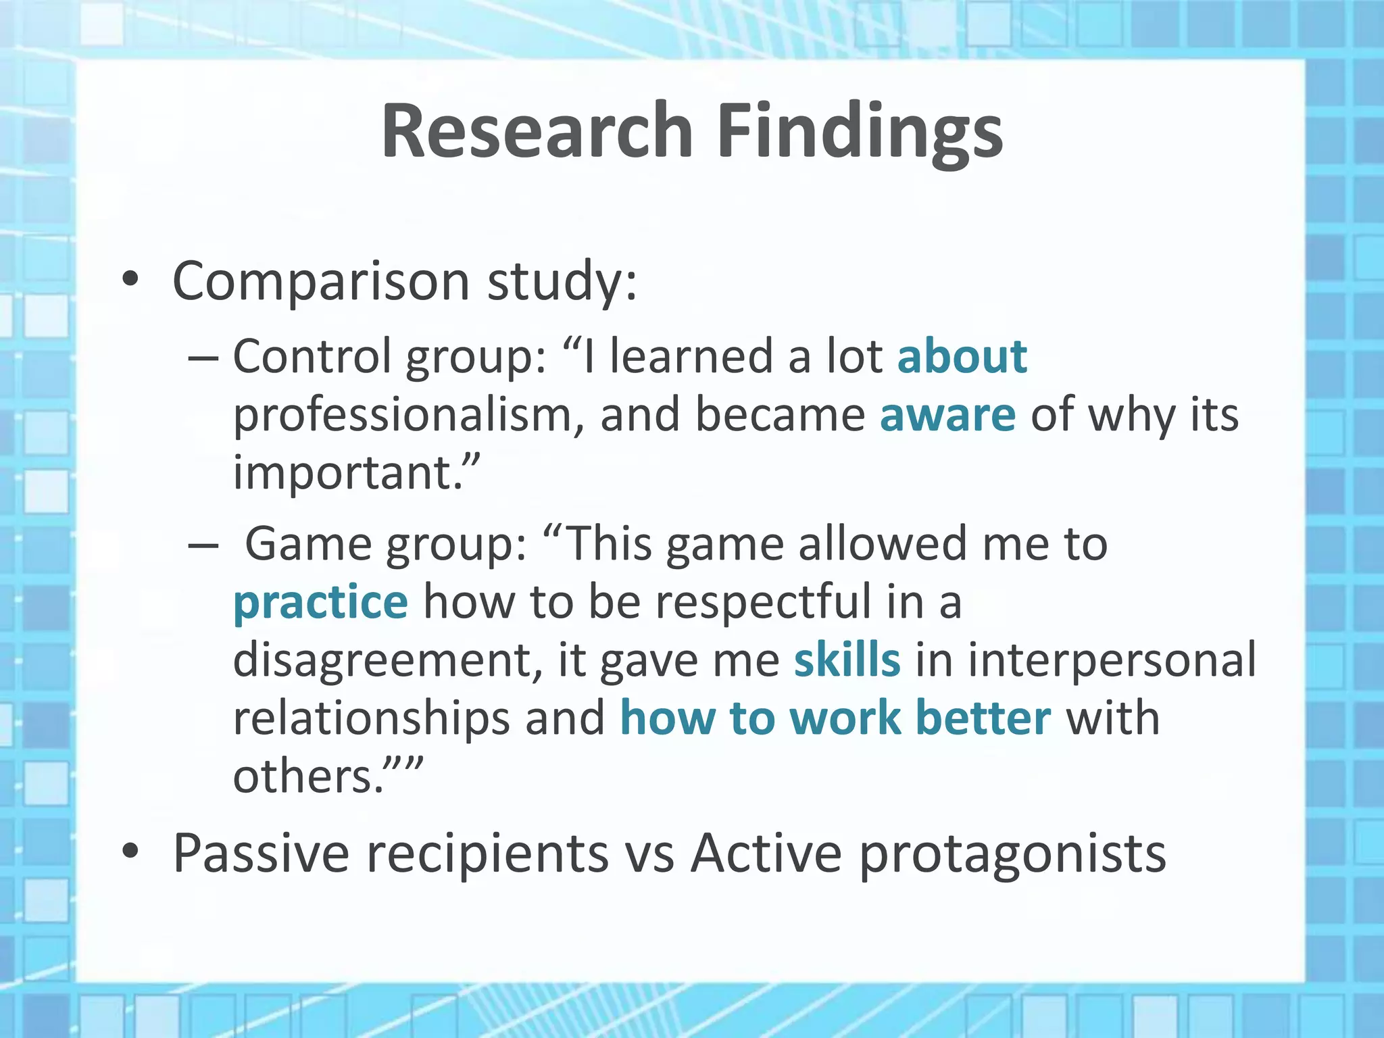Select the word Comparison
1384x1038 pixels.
tap(321, 282)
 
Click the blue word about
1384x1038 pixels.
tap(962, 356)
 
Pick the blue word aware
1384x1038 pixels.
tap(947, 414)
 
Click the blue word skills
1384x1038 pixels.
tap(847, 660)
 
